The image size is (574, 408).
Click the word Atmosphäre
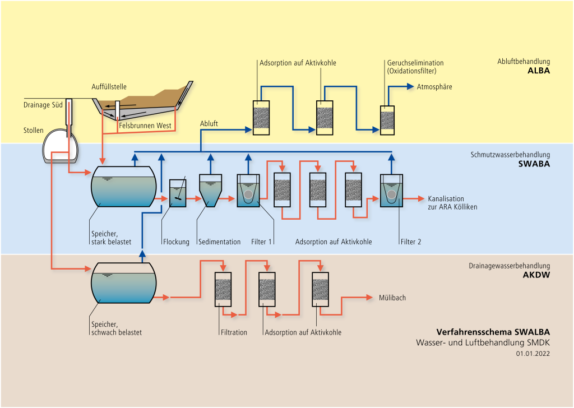point(434,87)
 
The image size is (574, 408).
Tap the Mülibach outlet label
point(392,298)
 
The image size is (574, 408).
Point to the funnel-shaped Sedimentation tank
point(210,191)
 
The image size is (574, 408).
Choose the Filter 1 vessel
point(248,191)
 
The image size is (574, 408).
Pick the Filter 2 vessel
point(391,191)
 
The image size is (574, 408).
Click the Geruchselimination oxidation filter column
point(387,119)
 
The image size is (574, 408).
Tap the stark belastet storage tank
point(124,187)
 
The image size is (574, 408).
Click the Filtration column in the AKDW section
point(224,289)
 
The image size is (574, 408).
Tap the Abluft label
point(209,124)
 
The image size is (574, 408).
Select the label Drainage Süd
point(43,104)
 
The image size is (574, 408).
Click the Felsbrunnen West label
point(145,126)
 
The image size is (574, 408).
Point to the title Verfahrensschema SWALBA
point(493,331)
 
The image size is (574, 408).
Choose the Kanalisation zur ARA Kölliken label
point(453,203)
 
